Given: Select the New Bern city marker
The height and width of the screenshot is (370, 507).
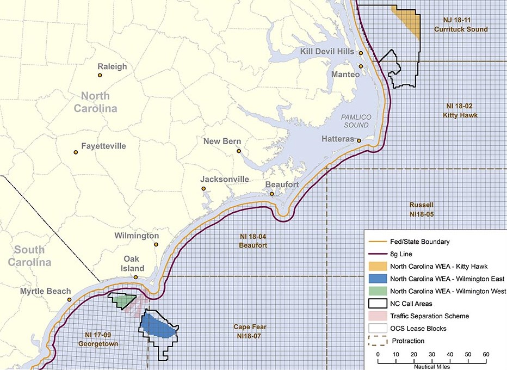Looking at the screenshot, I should pos(238,151).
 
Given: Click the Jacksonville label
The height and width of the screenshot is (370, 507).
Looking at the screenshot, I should pos(225,179).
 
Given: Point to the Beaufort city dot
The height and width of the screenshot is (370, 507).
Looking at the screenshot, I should pos(271,194).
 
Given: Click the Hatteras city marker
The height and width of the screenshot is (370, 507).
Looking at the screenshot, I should pos(359,140).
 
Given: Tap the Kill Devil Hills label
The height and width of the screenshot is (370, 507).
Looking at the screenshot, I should pos(326,51).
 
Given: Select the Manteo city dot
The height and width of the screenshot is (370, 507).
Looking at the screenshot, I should pos(361,66).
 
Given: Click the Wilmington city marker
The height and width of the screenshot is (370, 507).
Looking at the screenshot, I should pos(156,245).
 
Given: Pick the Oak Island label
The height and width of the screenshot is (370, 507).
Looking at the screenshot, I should pos(133,264).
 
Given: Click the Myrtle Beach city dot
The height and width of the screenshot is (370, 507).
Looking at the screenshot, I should pos(70,300).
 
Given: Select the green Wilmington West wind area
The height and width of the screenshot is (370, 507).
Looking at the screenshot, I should pos(122,300).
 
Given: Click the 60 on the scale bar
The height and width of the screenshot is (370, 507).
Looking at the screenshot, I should pos(485,354).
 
